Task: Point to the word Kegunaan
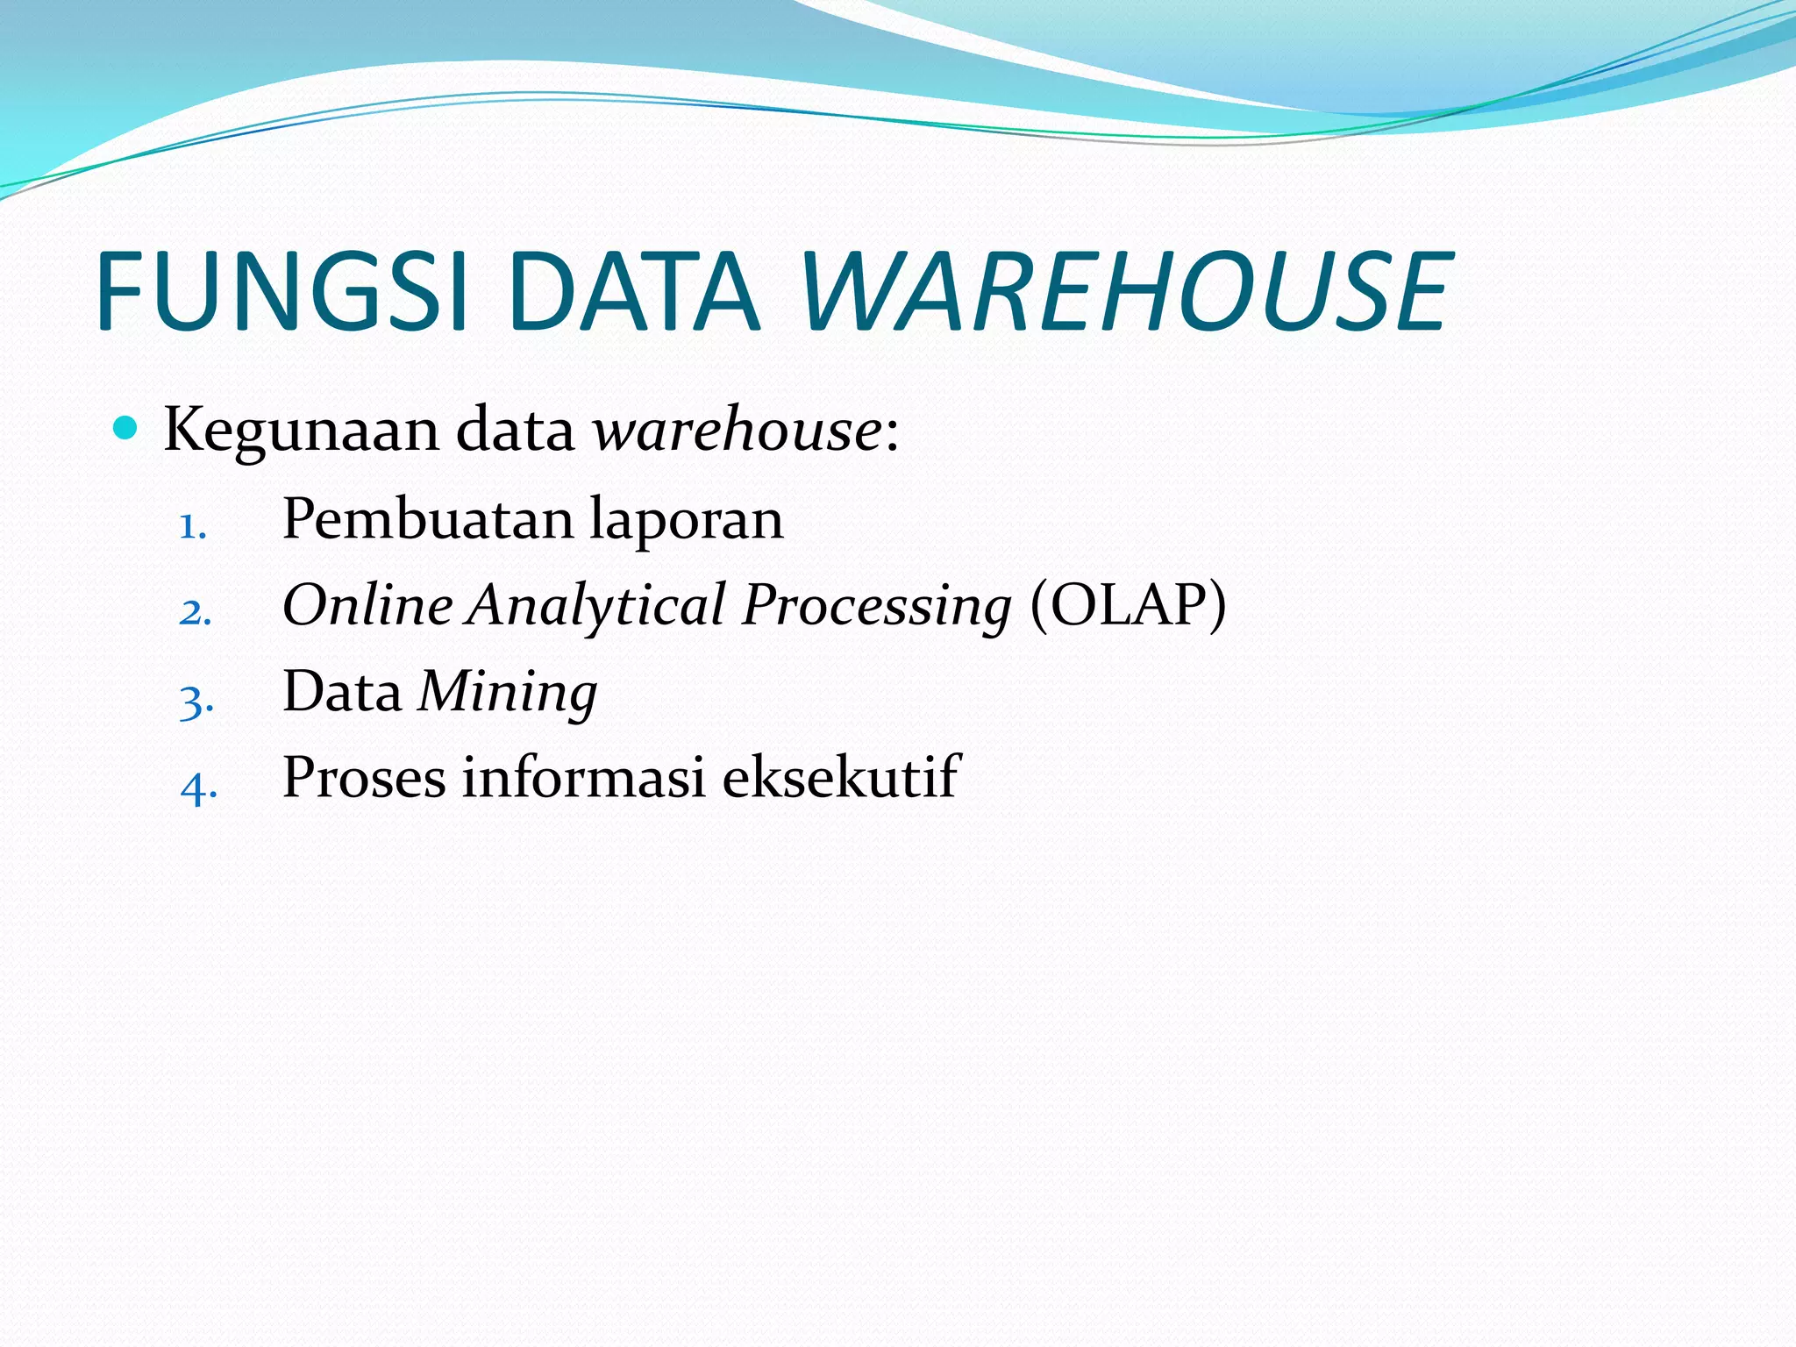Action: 301,431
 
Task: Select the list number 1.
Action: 192,527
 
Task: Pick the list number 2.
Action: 195,612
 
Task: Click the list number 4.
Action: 198,787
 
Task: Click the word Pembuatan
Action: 428,519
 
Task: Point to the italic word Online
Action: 367,605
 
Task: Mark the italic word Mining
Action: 508,693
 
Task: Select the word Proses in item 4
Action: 364,777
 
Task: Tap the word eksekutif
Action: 841,777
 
